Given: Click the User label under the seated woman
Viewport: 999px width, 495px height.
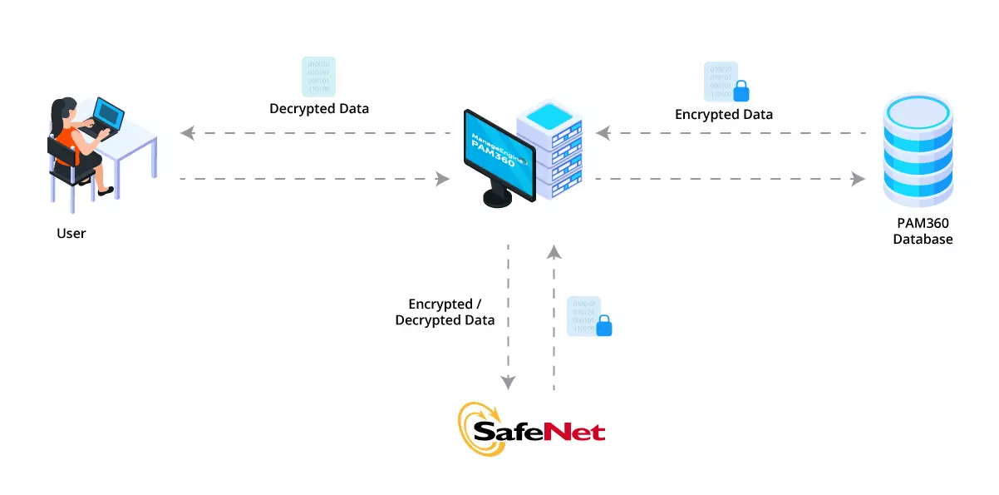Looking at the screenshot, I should (x=71, y=233).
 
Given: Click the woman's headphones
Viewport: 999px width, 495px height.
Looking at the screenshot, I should (x=57, y=109).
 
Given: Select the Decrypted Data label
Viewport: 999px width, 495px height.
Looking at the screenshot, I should (x=319, y=109).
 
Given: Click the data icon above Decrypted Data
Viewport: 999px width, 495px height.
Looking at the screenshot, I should (x=318, y=77).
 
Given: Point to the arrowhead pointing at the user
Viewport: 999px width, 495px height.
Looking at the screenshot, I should (x=187, y=133).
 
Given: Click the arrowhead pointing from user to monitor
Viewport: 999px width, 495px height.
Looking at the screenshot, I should (x=442, y=178).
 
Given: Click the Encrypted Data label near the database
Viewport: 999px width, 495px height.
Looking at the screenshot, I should (x=723, y=115).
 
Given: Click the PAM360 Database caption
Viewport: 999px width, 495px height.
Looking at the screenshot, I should (x=923, y=231).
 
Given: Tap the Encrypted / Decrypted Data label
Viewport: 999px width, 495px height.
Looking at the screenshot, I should (x=445, y=312).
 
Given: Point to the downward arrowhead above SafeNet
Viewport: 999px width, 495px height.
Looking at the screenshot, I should (x=508, y=383).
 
